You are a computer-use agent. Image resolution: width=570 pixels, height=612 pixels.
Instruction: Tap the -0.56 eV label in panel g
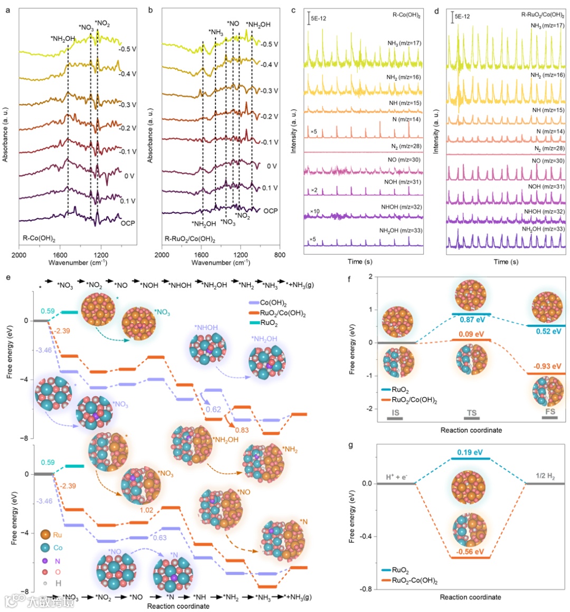pos(471,552)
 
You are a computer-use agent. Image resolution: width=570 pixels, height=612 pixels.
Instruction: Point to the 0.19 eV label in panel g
pos(471,453)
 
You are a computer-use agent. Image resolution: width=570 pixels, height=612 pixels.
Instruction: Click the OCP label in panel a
pos(128,223)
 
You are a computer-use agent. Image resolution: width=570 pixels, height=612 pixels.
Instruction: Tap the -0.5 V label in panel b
pos(270,44)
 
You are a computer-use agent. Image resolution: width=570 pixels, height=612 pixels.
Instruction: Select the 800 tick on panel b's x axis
pos(280,255)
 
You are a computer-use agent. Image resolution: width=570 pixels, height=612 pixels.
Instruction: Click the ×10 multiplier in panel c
pos(315,211)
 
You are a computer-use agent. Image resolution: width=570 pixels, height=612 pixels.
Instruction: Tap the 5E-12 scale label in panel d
pos(462,16)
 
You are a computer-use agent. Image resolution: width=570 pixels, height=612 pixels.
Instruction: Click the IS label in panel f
pos(395,411)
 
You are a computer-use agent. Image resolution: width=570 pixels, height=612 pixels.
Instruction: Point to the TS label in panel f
pos(471,411)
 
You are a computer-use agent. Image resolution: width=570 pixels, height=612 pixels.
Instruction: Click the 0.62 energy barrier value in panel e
pos(213,409)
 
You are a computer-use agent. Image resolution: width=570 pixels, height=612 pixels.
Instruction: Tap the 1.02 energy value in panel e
pos(146,510)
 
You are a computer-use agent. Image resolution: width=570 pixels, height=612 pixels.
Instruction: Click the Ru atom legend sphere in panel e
pos(45,535)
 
